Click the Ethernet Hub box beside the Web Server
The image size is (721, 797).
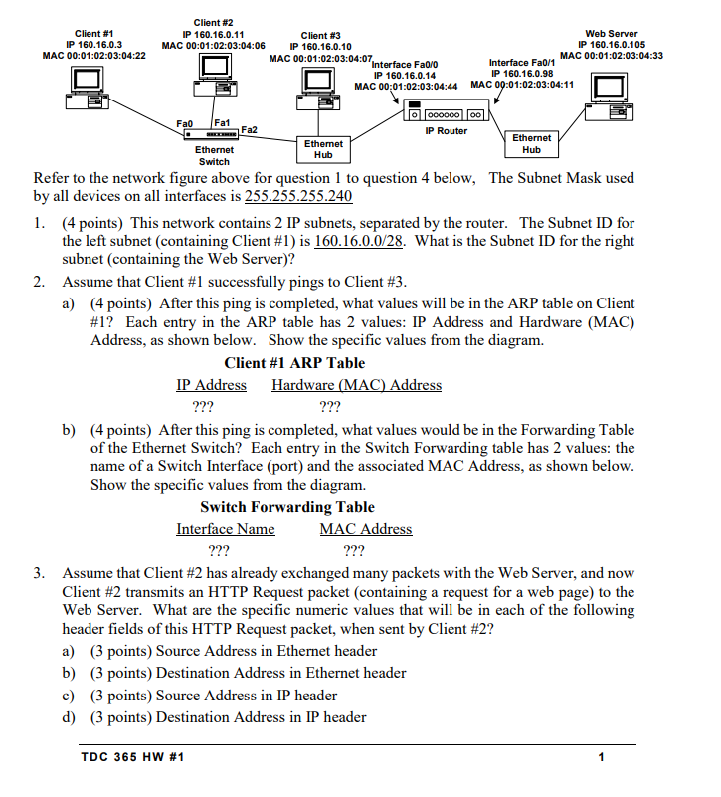[532, 144]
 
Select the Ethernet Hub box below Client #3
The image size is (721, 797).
[323, 149]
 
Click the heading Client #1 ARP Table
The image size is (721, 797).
[294, 363]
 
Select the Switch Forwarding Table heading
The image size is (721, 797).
[287, 507]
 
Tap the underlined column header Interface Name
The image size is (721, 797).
[226, 529]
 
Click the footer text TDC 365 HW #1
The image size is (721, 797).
[132, 758]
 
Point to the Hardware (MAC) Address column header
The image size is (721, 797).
[357, 385]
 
